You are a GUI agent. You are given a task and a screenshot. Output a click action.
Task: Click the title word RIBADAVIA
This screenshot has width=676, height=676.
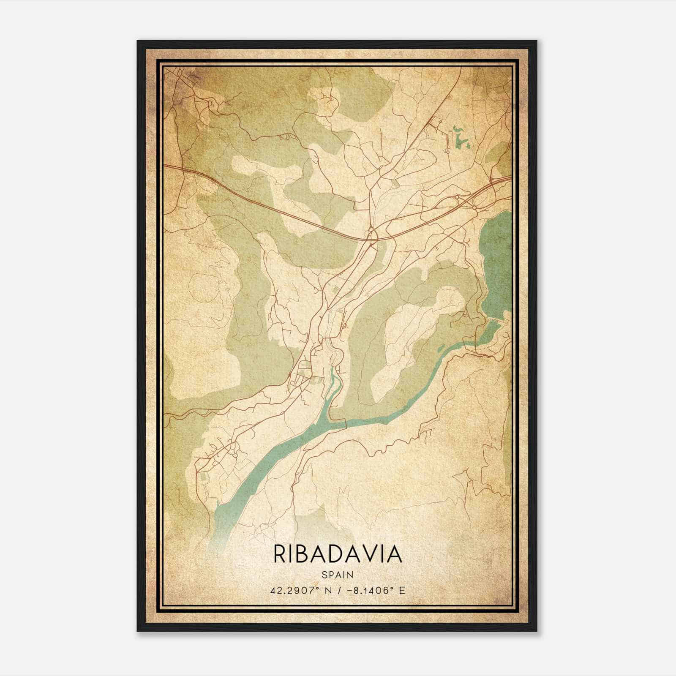[x=338, y=554]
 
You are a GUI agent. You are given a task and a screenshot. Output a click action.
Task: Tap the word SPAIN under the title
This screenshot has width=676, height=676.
[x=338, y=575]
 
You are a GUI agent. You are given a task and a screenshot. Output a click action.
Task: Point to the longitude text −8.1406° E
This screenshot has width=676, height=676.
[x=378, y=590]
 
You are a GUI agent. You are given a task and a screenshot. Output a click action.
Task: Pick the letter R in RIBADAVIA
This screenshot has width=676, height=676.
[x=280, y=554]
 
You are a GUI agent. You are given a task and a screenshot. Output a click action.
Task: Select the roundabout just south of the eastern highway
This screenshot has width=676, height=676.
[x=474, y=207]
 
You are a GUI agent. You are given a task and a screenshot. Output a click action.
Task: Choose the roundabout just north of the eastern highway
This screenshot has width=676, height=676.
[x=457, y=196]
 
